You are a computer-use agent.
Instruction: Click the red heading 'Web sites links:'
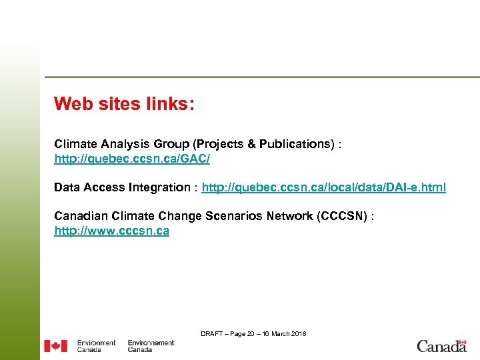[x=124, y=104]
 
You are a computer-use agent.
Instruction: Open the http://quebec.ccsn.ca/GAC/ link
[x=132, y=159]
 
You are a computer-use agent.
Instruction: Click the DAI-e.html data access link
[x=323, y=187]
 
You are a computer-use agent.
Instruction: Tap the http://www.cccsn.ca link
[x=111, y=231]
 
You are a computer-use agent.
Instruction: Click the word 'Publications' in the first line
[x=295, y=144]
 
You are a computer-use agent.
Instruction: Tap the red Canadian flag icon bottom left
[x=55, y=346]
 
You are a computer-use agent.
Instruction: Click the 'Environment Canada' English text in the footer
[x=96, y=346]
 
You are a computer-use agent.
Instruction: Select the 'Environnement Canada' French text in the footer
[x=151, y=346]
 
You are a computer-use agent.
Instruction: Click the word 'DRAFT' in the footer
[x=211, y=333]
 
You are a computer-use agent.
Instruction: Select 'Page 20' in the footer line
[x=241, y=333]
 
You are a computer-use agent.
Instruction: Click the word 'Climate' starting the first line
[x=75, y=144]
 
